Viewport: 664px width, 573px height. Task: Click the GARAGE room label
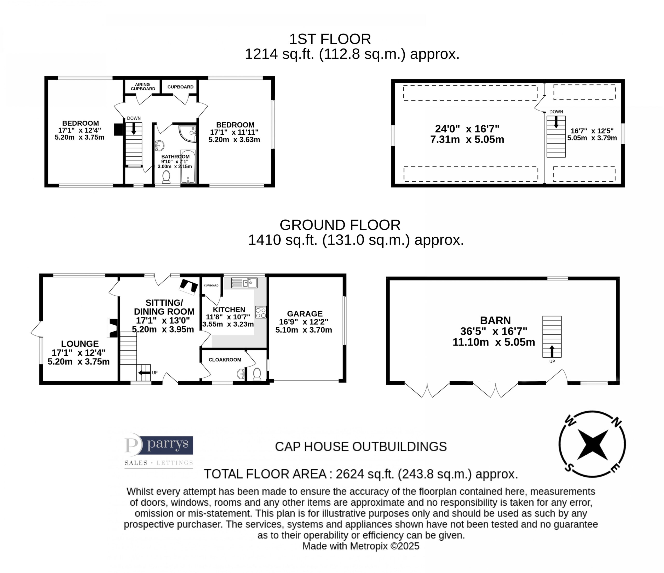[x=305, y=314]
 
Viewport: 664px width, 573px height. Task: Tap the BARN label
[x=495, y=320]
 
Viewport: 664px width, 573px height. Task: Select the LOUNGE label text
[x=80, y=344]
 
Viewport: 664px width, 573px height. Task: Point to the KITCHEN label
[x=229, y=310]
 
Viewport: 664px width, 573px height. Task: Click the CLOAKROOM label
[x=225, y=360]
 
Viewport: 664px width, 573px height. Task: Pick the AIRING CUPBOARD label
[x=143, y=87]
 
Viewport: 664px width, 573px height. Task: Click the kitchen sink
[x=244, y=283]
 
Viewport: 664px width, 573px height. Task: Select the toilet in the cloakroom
[x=257, y=374]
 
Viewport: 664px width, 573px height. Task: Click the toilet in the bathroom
[x=166, y=177]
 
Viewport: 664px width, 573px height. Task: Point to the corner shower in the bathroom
[x=188, y=133]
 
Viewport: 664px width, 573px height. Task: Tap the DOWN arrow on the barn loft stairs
[x=556, y=122]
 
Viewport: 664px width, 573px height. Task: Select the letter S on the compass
[x=569, y=468]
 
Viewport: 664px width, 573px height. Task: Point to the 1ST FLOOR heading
[x=330, y=39]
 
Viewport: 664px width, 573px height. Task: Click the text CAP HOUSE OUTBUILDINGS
[x=361, y=447]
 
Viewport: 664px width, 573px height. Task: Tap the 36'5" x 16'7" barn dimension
[x=494, y=331]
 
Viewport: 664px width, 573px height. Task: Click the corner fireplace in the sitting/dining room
[x=188, y=287]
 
